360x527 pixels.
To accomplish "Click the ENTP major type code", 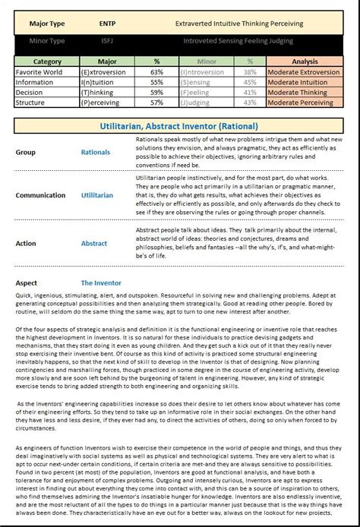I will tap(108, 24).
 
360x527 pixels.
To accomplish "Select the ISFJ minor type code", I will tap(108, 41).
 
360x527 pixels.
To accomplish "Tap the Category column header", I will tap(47, 61).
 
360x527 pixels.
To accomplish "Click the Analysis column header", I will tap(305, 61).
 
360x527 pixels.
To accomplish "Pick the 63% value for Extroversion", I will tap(157, 71).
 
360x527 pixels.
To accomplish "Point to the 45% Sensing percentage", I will tap(250, 82).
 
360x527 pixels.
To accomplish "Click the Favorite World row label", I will tap(40, 71).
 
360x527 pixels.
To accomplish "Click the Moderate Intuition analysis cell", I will tap(305, 82).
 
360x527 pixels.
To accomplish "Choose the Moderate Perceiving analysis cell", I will tap(305, 103).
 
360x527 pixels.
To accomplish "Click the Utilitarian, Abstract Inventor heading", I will tap(179, 126).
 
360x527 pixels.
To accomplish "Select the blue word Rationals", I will tap(96, 152).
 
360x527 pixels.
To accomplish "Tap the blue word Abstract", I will tap(94, 244).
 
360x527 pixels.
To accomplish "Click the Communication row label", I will tap(42, 195).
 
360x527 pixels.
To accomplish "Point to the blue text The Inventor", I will tap(101, 282).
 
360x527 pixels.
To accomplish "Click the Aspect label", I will tap(27, 282).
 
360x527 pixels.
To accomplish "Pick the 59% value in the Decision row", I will tap(157, 92).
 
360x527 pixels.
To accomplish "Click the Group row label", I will tap(25, 152).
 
